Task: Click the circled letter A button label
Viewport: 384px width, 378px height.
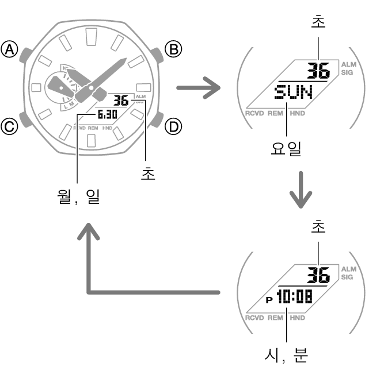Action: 10,49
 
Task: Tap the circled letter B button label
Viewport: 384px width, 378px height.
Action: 173,49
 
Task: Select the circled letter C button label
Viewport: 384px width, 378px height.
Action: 10,126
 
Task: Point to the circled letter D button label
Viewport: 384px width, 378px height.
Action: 173,127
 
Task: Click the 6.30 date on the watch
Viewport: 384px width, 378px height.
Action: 107,114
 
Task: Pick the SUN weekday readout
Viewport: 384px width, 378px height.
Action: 294,92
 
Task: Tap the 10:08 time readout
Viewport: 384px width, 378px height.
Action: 295,296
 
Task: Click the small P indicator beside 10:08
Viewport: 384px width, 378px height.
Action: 269,300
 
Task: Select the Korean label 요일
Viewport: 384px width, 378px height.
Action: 286,149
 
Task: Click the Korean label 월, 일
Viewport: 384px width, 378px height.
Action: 78,196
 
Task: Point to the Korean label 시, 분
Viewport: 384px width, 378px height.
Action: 286,356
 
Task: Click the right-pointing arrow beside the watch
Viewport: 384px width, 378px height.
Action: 199,88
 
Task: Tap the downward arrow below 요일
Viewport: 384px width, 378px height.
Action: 301,190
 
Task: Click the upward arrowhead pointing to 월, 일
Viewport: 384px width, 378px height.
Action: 89,231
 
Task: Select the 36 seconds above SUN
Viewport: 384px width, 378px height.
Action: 318,70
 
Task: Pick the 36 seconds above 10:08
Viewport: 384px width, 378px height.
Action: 318,275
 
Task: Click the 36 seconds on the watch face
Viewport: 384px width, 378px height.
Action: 121,101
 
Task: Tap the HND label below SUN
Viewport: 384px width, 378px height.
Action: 297,113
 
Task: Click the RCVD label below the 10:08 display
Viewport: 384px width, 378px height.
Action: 254,318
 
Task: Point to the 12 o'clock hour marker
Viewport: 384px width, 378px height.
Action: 92,37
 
